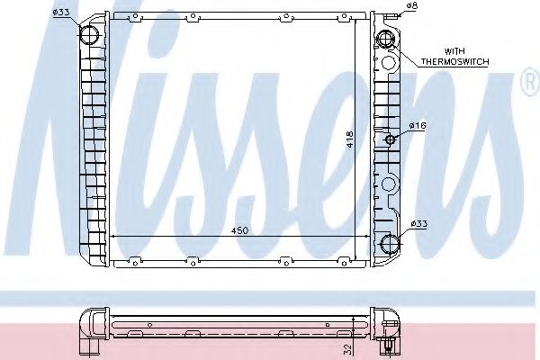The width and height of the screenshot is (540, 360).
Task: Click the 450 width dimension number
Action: [238, 231]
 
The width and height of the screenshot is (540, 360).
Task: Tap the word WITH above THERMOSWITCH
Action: [452, 52]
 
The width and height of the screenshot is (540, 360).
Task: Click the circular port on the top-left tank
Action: [91, 35]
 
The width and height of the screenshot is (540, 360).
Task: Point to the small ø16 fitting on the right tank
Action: [389, 139]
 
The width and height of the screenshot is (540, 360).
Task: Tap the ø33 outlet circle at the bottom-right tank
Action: [389, 243]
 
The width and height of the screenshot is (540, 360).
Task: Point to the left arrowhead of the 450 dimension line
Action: [112, 236]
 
